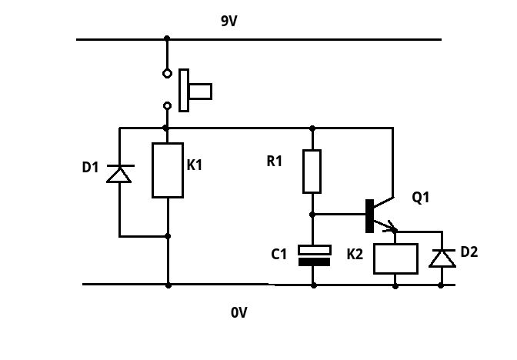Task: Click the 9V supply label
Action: tap(229, 22)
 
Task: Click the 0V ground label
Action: tap(239, 313)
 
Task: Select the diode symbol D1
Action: tap(119, 174)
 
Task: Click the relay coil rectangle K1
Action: tap(168, 170)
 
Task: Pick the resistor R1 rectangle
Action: tap(312, 171)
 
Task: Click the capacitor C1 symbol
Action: tap(313, 255)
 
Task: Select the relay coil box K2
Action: tap(395, 258)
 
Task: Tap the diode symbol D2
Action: tap(442, 258)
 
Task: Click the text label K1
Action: tap(195, 165)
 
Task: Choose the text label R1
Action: tap(275, 162)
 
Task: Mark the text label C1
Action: tap(279, 253)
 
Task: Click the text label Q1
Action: tap(421, 198)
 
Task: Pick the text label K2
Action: tap(355, 253)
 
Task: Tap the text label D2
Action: tap(469, 252)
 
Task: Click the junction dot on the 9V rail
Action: tap(167, 38)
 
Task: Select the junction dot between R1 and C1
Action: tap(312, 215)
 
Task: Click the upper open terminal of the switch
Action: tap(167, 74)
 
